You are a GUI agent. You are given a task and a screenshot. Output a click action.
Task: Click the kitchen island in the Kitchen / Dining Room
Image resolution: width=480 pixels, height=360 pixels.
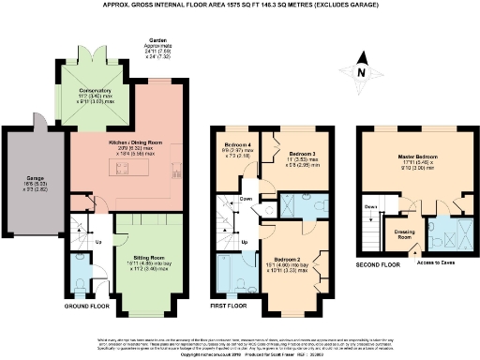[124, 169]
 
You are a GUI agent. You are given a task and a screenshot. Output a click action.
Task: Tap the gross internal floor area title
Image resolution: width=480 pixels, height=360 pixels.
[240, 4]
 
